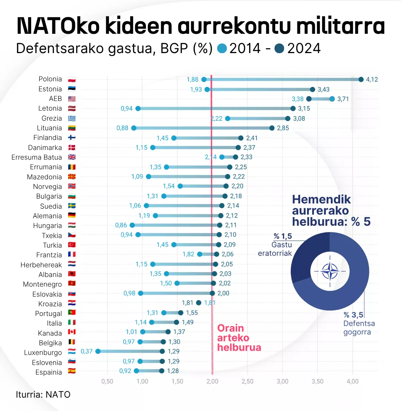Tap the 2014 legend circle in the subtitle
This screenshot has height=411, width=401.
pos(222,48)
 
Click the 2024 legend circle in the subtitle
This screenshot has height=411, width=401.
pos(280,48)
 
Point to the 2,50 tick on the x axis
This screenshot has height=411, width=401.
pos(247,381)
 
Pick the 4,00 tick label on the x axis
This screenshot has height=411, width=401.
pos(352,381)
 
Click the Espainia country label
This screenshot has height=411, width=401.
pos(49,372)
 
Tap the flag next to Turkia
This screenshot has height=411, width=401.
pos(72,245)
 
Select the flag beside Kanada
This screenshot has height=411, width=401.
pos(72,332)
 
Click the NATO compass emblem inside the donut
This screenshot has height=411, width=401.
pos(330,271)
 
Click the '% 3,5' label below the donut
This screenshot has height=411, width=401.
pos(353,315)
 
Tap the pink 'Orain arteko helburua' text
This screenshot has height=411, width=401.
pos(239,338)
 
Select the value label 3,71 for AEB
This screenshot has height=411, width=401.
pos(343,99)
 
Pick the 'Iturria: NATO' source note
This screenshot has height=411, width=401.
pos(43,394)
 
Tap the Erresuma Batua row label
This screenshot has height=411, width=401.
pos(37,157)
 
